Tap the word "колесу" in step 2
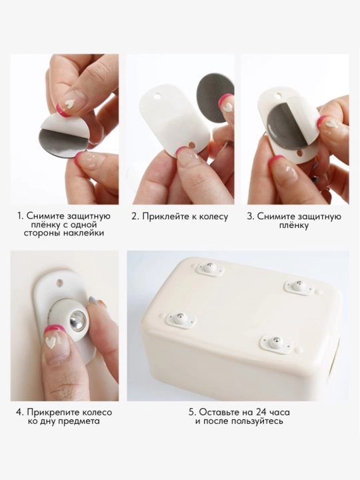tap(214, 217)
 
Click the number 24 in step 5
tap(251, 412)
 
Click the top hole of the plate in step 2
tap(157, 97)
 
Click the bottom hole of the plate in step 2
tap(192, 143)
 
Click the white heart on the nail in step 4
tap(51, 343)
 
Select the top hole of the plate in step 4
tap(59, 281)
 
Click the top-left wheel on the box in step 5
tap(210, 268)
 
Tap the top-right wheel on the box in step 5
tap(297, 285)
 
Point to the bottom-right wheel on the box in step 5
tap(275, 344)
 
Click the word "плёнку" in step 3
tap(294, 225)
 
